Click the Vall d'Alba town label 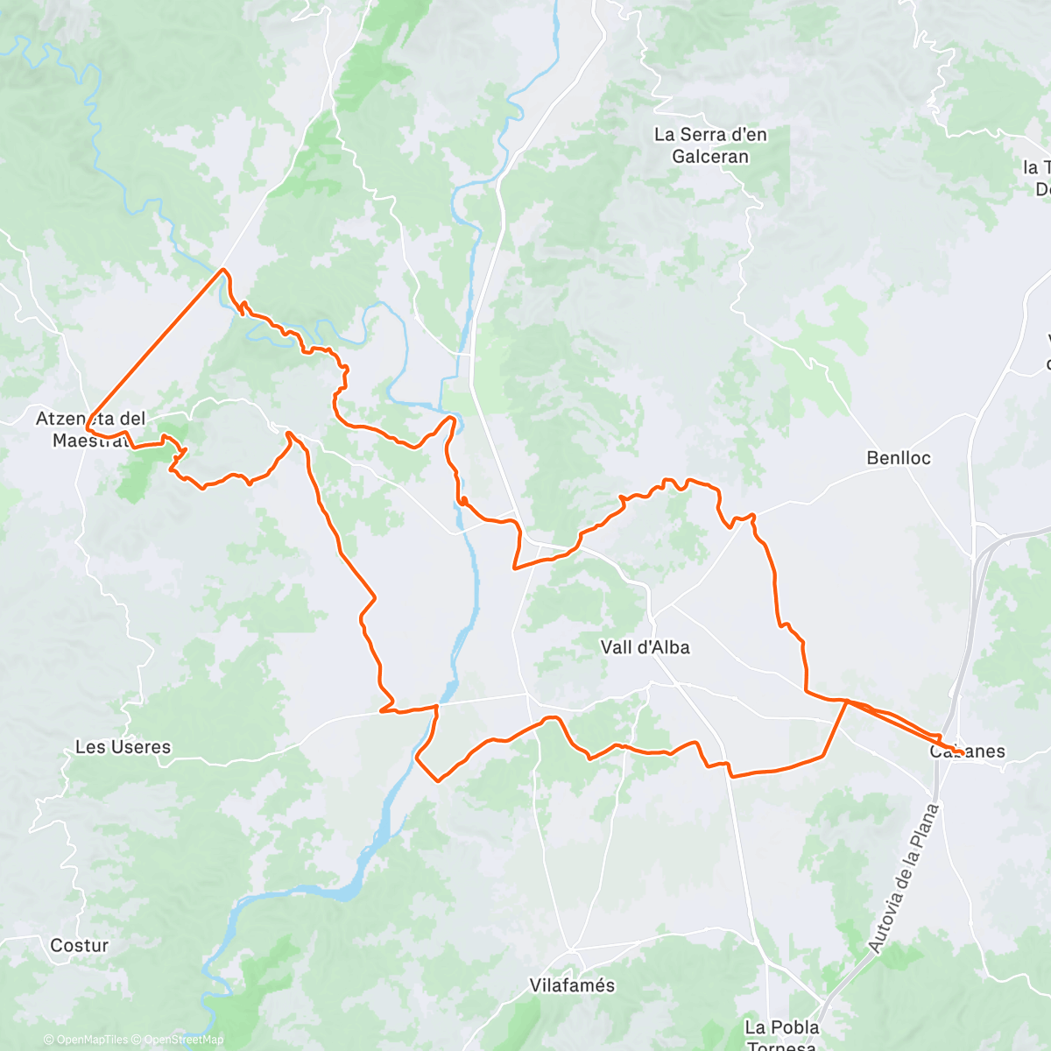(x=645, y=647)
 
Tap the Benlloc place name (x=898, y=458)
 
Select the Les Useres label (x=123, y=747)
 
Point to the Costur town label (x=79, y=945)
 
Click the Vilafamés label (x=572, y=985)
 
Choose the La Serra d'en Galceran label (x=710, y=145)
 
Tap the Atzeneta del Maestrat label (x=90, y=429)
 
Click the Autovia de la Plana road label (x=903, y=878)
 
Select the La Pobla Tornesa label (x=782, y=1033)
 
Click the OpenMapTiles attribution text (x=86, y=1040)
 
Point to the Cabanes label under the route (x=968, y=751)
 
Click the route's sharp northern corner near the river (x=224, y=269)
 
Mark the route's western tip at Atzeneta (x=87, y=429)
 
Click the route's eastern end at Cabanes (x=962, y=752)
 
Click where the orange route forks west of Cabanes (x=846, y=702)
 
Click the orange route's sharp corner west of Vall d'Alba (x=514, y=568)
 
